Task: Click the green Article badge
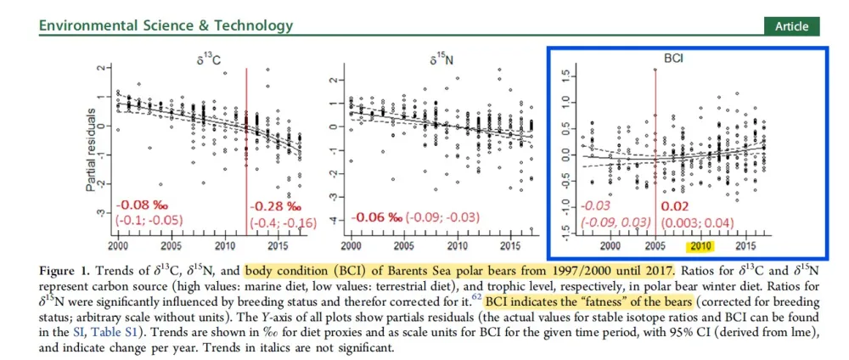(x=791, y=26)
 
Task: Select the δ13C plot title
(x=201, y=60)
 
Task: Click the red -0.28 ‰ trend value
(x=274, y=206)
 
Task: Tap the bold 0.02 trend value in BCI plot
(x=672, y=206)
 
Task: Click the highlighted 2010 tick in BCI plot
(x=700, y=246)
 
